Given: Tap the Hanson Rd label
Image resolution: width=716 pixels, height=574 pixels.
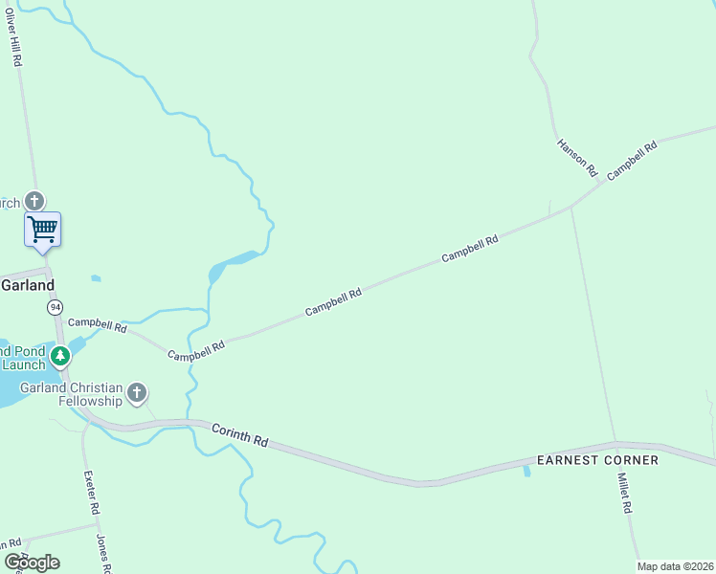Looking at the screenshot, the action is (x=576, y=158).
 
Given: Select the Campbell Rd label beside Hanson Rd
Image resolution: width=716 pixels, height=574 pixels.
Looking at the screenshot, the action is (x=632, y=160).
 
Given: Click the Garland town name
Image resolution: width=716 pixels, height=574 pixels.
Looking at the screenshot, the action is (x=27, y=285).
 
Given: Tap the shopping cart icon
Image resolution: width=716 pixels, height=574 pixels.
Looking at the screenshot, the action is (x=42, y=230).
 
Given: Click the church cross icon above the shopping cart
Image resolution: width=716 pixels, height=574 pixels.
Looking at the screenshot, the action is (x=35, y=201).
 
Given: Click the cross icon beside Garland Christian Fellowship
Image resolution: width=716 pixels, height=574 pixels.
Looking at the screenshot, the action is (x=137, y=391).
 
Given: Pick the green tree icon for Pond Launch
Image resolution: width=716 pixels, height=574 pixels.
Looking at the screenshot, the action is (x=61, y=357).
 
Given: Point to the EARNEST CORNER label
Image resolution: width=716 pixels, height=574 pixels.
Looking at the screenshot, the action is (x=597, y=460).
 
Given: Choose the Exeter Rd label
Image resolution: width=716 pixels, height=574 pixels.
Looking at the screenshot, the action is (x=90, y=493).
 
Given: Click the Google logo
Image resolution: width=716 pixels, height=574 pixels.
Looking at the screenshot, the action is (x=32, y=563).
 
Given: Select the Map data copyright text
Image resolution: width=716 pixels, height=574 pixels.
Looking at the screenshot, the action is (x=675, y=566).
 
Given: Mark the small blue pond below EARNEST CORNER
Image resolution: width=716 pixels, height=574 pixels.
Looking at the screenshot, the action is (x=526, y=472).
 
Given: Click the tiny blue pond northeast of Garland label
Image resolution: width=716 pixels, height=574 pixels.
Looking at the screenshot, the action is (x=96, y=278).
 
